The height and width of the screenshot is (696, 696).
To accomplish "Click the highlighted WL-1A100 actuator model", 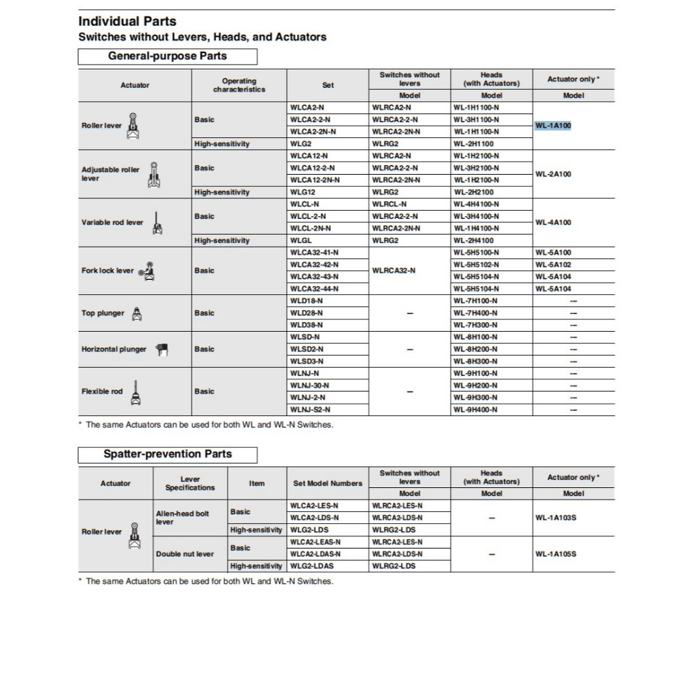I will [553, 126].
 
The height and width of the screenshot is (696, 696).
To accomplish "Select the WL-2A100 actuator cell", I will [553, 174].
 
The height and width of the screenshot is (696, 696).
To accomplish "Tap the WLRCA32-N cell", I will [394, 271].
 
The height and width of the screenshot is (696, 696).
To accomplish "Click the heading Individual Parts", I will [127, 21].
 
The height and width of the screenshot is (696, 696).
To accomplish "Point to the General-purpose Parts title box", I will [167, 56].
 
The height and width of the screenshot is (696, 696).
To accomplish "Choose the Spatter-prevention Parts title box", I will [167, 454].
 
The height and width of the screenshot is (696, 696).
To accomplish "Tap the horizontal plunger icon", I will [162, 349].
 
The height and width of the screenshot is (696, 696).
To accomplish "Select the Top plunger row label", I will [103, 313].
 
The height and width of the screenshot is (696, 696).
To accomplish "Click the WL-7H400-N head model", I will [476, 313].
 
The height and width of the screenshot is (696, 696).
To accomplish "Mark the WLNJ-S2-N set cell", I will [310, 410].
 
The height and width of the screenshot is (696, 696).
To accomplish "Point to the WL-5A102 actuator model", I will [553, 264].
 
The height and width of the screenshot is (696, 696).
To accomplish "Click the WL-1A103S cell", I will [555, 518].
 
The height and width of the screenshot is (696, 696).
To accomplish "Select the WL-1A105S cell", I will [555, 554].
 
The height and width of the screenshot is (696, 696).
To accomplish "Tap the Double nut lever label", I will [186, 554].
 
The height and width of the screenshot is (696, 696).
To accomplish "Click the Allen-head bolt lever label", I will [183, 518].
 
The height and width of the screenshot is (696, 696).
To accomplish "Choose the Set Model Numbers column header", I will [328, 483].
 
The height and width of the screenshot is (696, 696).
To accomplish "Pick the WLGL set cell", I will [300, 241].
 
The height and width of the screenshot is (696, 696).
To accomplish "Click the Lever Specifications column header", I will [190, 483].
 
